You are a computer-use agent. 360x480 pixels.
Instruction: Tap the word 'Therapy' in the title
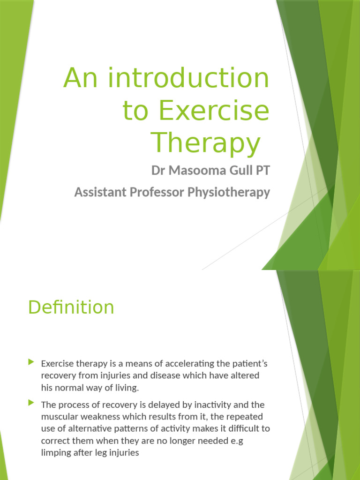pos(205,143)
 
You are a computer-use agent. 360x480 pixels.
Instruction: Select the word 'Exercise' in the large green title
pos(214,111)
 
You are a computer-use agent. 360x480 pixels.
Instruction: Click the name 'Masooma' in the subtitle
pos(192,171)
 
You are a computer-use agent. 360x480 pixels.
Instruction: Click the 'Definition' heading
pos(71,307)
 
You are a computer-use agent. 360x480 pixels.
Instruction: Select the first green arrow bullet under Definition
pos(31,362)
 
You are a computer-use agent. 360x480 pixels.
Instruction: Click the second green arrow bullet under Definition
pos(31,403)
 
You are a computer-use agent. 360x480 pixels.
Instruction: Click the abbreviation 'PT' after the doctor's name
pos(262,171)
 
